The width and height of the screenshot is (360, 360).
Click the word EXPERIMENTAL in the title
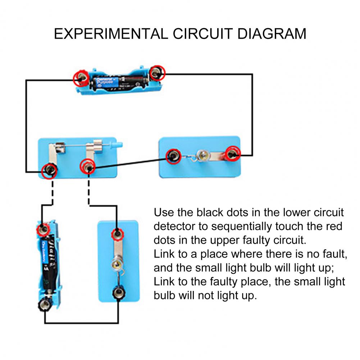point(111,34)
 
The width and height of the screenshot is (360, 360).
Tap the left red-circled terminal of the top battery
point(80,77)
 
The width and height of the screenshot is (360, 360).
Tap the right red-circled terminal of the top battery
point(156,73)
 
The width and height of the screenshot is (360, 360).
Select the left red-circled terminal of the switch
point(49,170)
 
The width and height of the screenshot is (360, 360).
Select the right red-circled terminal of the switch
point(88,166)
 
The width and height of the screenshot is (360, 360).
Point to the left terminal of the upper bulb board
point(173,156)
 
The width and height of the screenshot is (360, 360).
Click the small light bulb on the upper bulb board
point(202,156)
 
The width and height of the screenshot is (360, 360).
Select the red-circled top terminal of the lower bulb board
point(116,234)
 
